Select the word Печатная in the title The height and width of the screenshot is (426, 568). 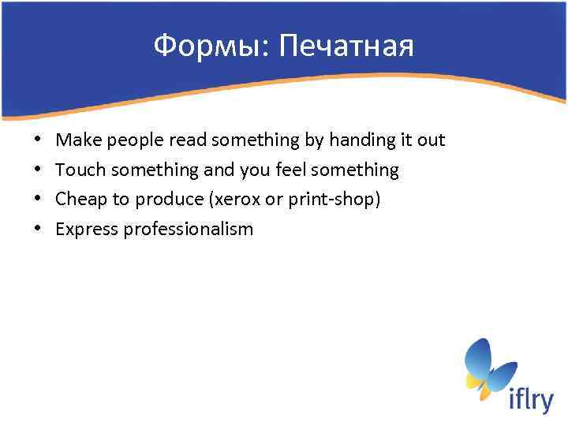pos(347,47)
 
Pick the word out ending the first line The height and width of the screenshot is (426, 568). pos(431,140)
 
